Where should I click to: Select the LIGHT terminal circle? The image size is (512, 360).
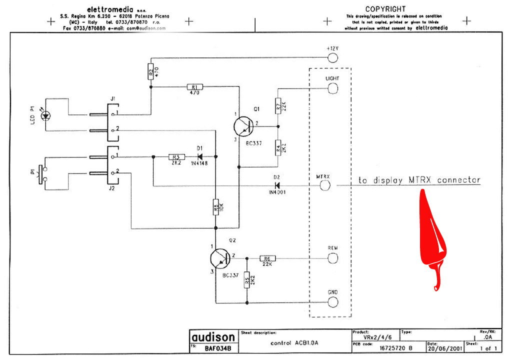[332, 88]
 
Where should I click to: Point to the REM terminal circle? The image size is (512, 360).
[332, 258]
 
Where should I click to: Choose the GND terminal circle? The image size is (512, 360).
[332, 302]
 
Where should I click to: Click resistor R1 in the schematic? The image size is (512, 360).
[193, 87]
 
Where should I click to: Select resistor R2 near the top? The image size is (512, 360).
[150, 71]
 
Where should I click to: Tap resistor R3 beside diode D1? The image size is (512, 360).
[175, 156]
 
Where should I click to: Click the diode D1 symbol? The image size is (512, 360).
[199, 156]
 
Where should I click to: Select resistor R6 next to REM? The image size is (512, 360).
[267, 258]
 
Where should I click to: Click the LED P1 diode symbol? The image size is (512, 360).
[46, 115]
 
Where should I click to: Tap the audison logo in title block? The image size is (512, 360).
[212, 337]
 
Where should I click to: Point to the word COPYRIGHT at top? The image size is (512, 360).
[385, 9]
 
